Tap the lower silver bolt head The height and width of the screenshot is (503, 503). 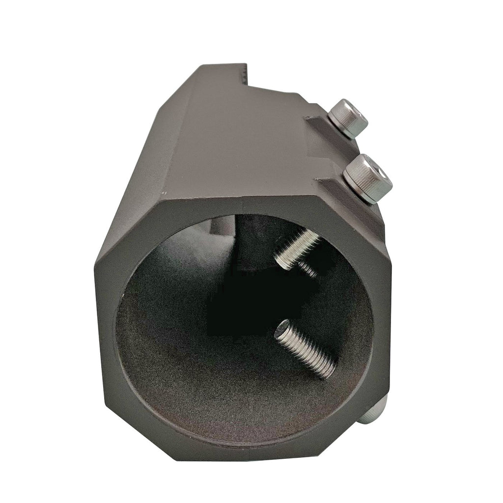click(x=368, y=178)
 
